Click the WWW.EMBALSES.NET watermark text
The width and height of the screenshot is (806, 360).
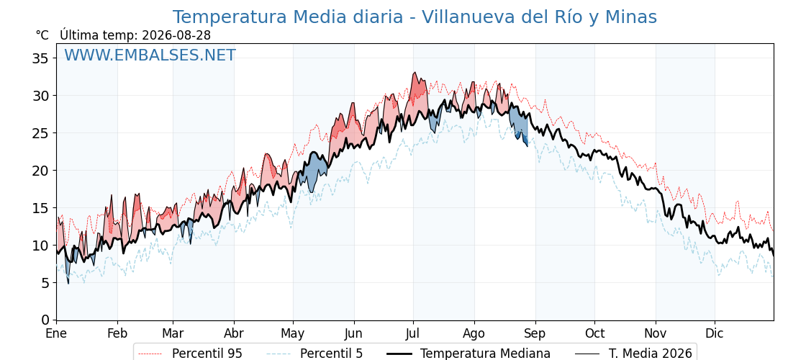150,55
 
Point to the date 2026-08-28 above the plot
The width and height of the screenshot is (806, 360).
176,35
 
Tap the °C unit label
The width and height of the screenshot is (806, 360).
42,35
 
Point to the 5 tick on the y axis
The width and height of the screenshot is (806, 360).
44,283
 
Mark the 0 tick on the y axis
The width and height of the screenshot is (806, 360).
44,320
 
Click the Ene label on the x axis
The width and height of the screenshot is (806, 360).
57,334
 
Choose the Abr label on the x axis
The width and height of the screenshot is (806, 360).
234,334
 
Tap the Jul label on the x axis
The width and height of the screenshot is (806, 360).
413,334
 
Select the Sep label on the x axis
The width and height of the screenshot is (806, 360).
535,334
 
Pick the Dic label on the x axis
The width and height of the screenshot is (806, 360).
715,334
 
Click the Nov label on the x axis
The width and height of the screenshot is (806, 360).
656,334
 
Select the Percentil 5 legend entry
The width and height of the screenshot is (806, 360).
314,354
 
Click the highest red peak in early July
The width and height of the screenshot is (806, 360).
415,73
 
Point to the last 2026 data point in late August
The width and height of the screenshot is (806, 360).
527,146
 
